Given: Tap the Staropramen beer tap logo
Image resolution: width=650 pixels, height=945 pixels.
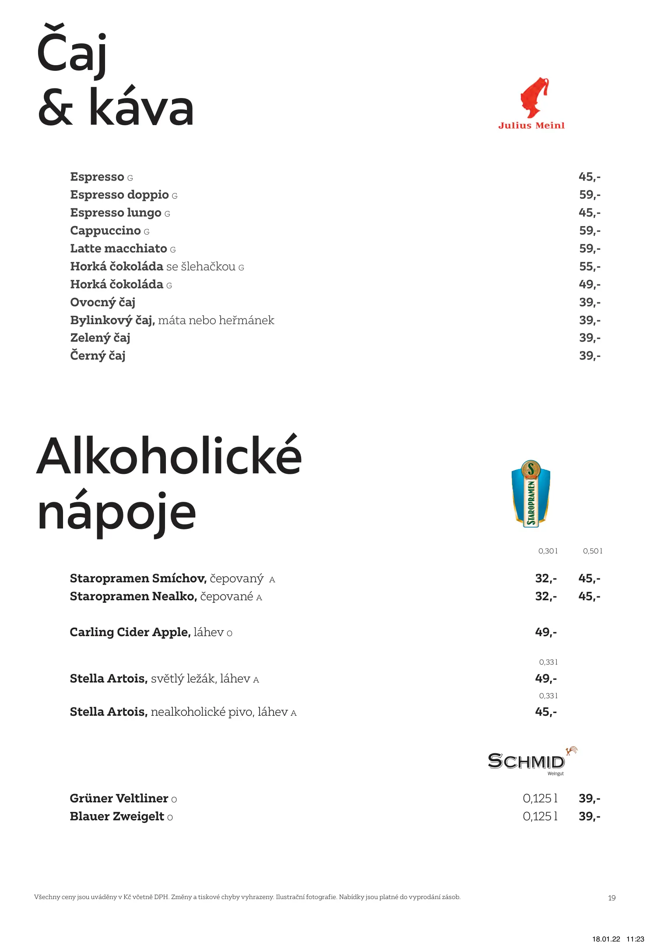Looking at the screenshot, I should click(x=531, y=493).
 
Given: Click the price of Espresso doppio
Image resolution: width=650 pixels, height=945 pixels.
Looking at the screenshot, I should click(x=589, y=195).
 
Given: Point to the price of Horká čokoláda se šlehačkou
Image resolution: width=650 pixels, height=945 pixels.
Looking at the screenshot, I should click(x=589, y=266).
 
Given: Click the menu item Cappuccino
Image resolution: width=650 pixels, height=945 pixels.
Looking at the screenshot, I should click(x=105, y=231).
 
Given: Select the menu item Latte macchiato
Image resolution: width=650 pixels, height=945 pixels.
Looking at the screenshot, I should click(x=119, y=248).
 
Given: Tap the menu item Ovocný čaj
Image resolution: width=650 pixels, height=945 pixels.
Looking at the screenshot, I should click(x=103, y=302).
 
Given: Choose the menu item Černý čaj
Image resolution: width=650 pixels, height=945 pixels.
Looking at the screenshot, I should click(x=98, y=356).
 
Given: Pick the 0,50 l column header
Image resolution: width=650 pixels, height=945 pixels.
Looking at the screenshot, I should click(x=592, y=551).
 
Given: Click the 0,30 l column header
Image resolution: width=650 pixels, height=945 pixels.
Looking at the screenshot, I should click(x=548, y=551).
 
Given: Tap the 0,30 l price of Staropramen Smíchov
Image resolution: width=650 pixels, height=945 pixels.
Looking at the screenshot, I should click(x=546, y=578).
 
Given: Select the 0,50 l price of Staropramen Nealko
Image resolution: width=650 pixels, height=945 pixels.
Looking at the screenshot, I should click(x=589, y=596).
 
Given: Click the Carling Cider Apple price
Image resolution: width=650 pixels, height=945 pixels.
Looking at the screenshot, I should click(x=546, y=632).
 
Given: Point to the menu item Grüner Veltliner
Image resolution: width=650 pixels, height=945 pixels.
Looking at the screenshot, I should click(x=119, y=798).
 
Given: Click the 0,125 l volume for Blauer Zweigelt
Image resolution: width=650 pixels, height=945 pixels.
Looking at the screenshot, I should click(x=540, y=816).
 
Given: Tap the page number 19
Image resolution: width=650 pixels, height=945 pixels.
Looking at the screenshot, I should click(x=611, y=898).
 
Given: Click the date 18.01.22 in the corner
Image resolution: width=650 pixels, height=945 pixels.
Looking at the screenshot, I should click(x=606, y=939).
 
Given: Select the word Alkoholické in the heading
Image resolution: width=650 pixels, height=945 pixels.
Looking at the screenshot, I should click(x=169, y=456).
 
